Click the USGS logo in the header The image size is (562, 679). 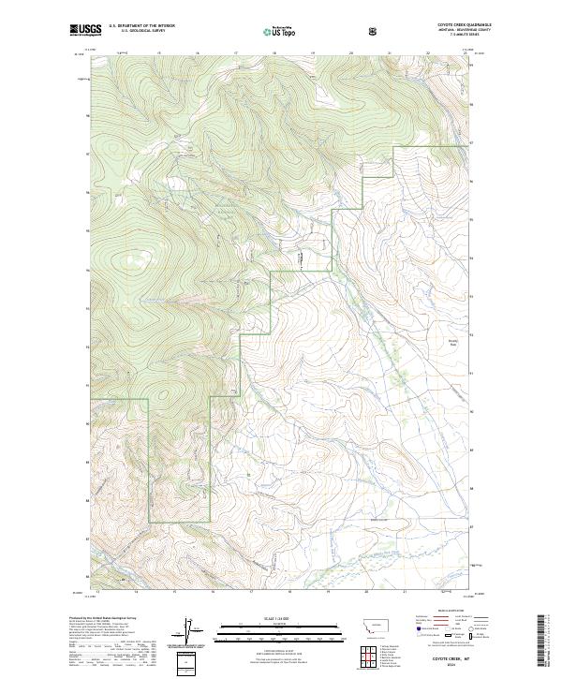point(85,31)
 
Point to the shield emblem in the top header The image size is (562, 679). point(374,32)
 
